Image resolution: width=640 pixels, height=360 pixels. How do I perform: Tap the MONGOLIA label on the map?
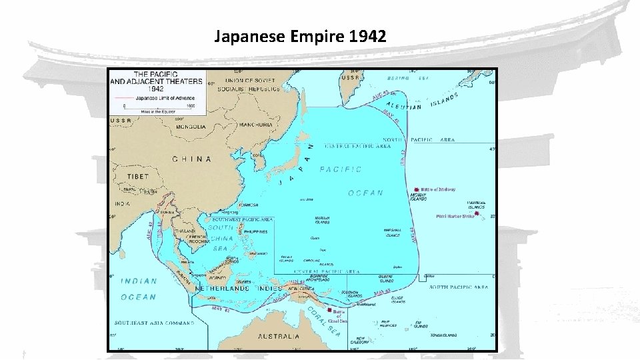190,126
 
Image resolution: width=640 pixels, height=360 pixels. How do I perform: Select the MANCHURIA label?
255,125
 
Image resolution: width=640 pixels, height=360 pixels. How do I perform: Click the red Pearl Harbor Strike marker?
475,214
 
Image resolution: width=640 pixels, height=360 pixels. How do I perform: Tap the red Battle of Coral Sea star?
329,311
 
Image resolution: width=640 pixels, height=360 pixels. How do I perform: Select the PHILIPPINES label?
255,231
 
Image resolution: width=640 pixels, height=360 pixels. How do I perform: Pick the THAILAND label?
185,231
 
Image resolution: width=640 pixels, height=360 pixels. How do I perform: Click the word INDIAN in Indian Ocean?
139,282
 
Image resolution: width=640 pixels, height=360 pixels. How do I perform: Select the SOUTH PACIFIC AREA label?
459,287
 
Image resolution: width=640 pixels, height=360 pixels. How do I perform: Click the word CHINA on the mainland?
192,159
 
